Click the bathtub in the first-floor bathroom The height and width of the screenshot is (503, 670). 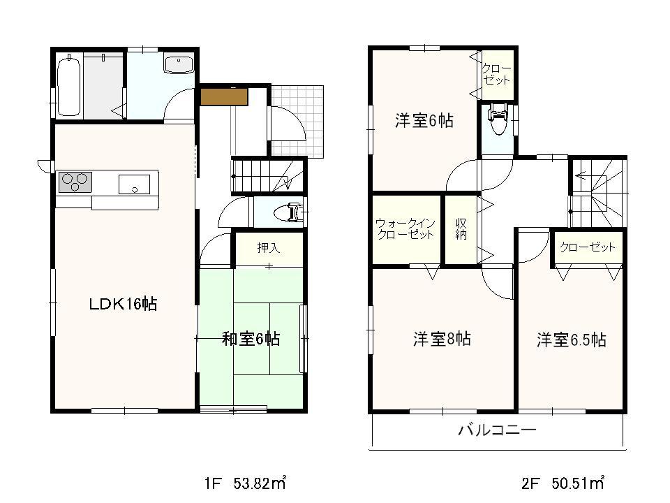69,86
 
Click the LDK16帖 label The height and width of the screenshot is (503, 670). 121,304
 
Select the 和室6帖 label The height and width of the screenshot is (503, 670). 251,340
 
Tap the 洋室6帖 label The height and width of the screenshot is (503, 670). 424,121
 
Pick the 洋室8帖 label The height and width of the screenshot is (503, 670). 441,340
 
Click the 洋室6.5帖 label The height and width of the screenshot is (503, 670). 571,340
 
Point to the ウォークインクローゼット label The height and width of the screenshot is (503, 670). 405,229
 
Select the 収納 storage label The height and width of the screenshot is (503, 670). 461,228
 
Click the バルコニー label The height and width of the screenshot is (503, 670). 497,430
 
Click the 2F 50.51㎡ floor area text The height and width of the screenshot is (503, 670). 562,483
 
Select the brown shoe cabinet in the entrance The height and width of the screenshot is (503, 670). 224,96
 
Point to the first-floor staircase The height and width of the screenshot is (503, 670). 269,175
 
